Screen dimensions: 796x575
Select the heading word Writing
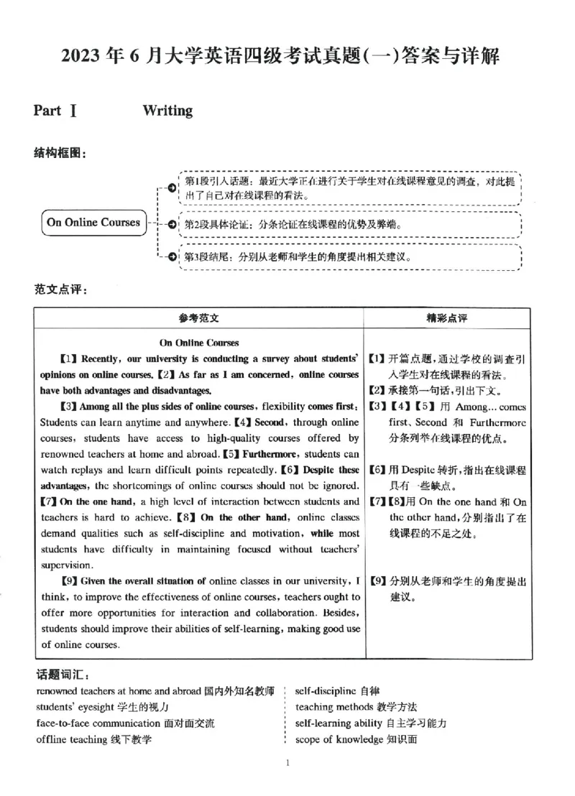[x=167, y=111]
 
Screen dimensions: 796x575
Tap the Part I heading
[x=55, y=111]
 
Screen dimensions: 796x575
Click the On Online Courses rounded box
[x=93, y=222]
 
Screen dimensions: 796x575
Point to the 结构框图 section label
[x=60, y=153]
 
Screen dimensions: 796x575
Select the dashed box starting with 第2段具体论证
[x=302, y=225]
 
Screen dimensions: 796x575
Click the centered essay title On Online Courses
[x=199, y=343]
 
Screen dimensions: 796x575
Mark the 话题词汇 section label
[x=63, y=675]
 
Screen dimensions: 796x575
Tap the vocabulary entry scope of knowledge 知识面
[x=356, y=739]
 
